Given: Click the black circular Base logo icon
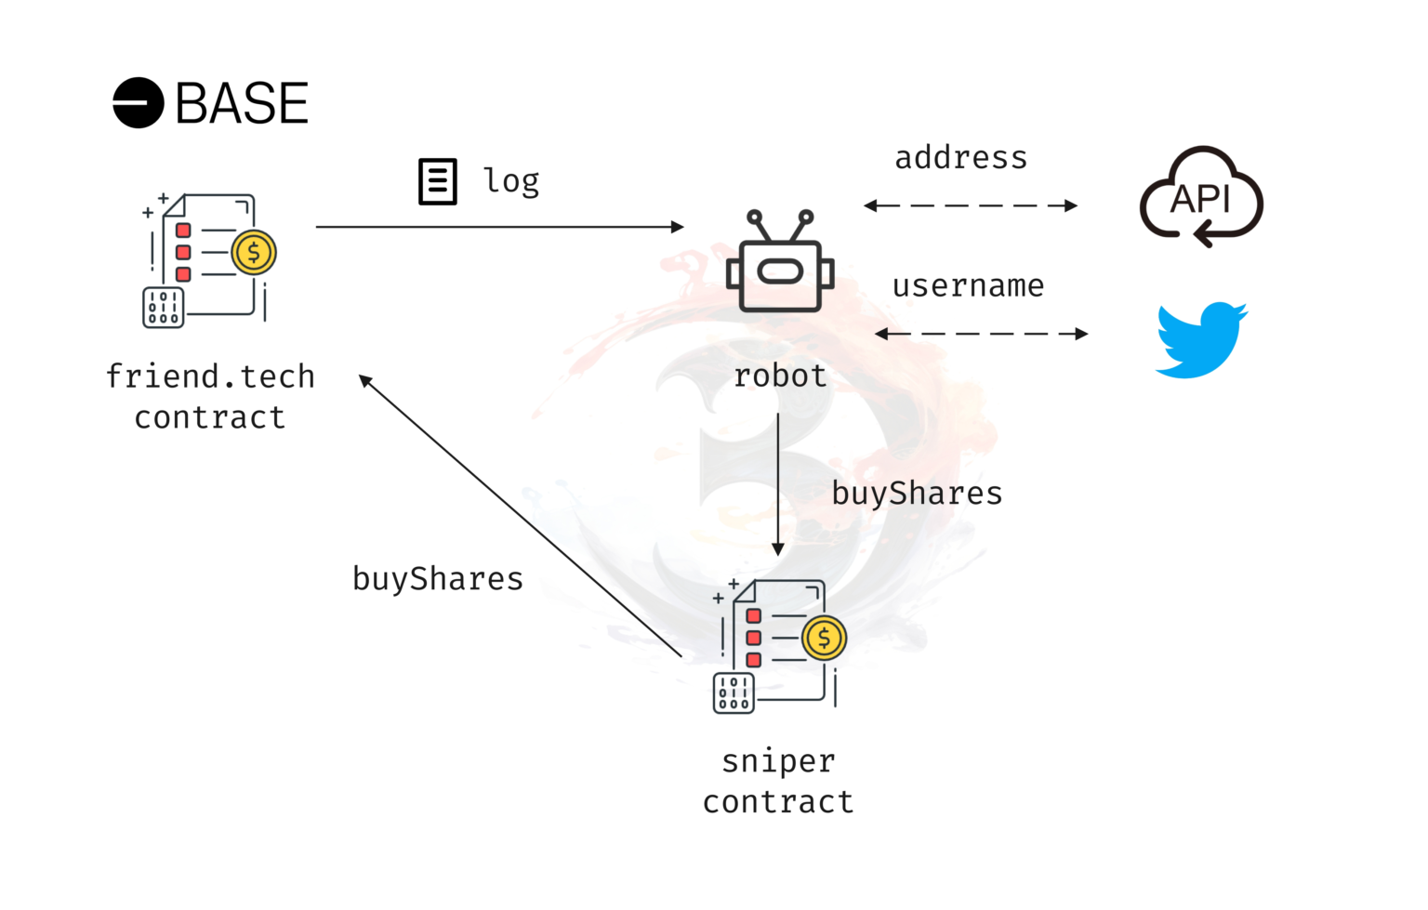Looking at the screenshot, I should tap(139, 102).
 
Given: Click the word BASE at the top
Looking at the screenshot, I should tap(242, 103).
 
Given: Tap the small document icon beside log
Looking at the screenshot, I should tap(437, 181).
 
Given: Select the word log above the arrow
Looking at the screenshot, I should tap(511, 181).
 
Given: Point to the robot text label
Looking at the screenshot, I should tap(780, 376).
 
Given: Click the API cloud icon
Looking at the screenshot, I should tap(1201, 197).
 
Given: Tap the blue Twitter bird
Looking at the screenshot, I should tap(1201, 339).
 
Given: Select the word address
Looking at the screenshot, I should tap(961, 158).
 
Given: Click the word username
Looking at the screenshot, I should tap(968, 286).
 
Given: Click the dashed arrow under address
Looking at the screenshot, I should tap(970, 205).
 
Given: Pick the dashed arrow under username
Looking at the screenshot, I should tap(981, 334).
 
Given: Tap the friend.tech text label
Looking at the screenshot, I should tap(210, 376).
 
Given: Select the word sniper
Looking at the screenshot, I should tap(779, 761).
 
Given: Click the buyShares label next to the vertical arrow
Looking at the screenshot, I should tap(917, 494).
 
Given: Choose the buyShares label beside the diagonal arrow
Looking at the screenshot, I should tap(438, 579).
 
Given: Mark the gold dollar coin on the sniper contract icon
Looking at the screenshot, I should tap(824, 638).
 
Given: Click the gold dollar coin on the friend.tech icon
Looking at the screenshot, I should tap(253, 252).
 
